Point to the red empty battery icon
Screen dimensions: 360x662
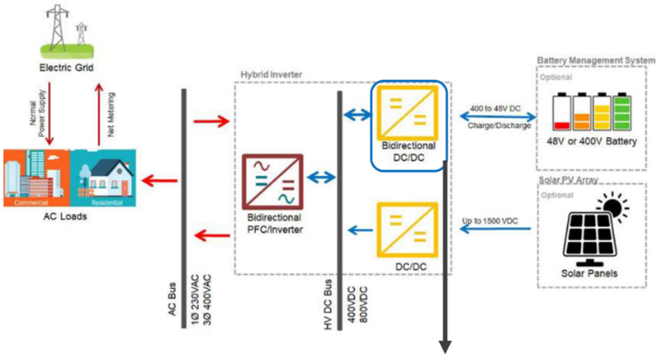[563, 111]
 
